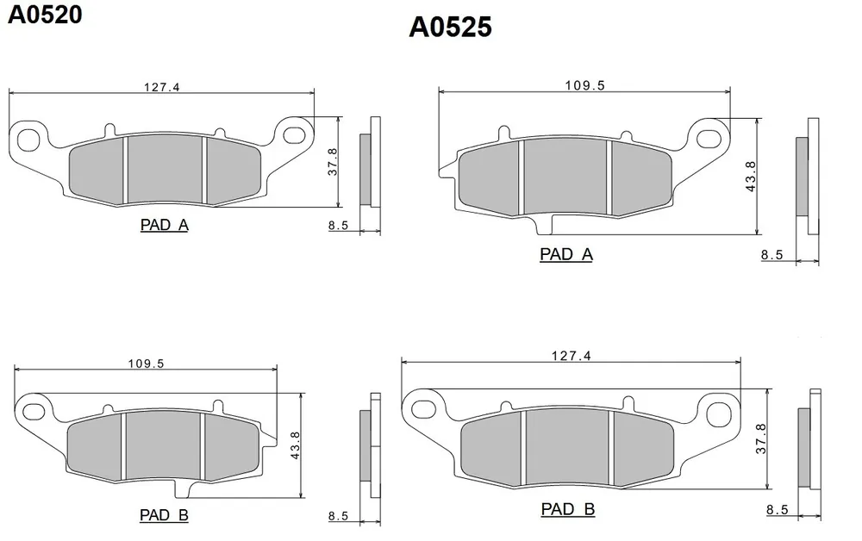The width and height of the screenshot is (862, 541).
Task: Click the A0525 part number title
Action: (x=450, y=28)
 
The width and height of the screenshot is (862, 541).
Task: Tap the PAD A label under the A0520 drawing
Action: (x=164, y=226)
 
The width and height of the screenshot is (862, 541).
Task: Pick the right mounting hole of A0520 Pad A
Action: (x=295, y=134)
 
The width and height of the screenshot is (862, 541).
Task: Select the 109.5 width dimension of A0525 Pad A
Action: (x=586, y=84)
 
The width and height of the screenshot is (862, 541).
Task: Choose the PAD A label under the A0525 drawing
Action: (x=566, y=254)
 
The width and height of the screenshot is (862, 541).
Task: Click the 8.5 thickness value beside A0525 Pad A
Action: (x=771, y=255)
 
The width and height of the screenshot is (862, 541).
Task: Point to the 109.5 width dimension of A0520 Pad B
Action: (x=146, y=364)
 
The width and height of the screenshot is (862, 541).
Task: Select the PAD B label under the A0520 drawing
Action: (x=164, y=515)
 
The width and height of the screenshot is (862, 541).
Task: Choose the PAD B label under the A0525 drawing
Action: (x=567, y=509)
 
